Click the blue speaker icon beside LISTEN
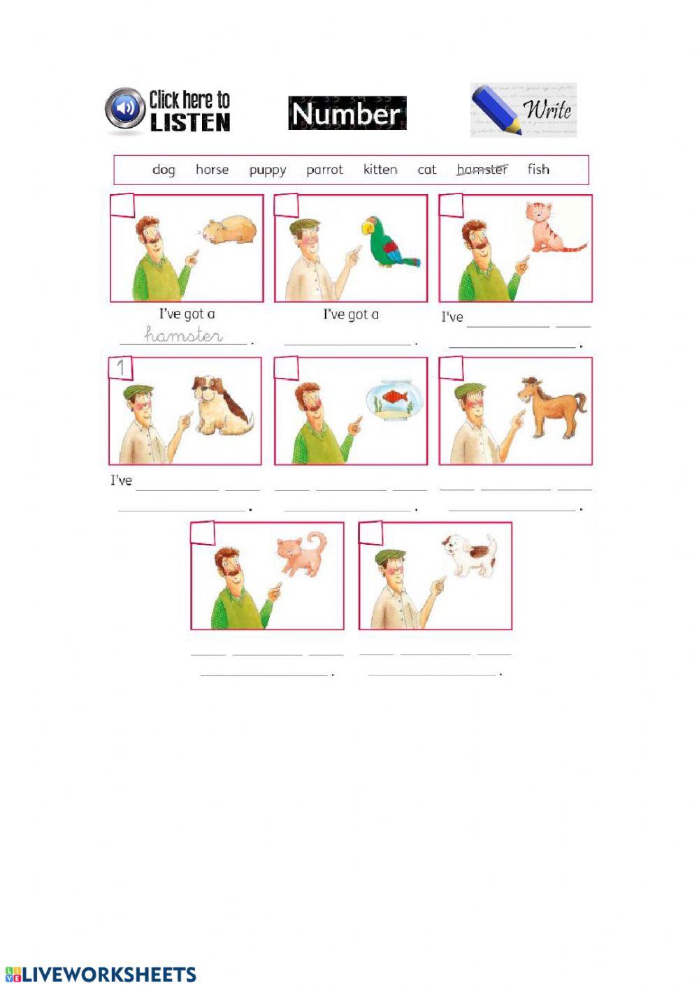(125, 109)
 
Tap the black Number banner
(347, 113)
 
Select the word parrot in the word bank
(324, 170)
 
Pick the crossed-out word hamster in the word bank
(482, 170)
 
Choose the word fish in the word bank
(538, 169)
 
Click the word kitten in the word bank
(380, 170)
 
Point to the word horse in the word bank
(212, 170)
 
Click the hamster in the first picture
(230, 231)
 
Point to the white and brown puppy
(470, 556)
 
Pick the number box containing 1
(121, 368)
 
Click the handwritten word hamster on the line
(184, 335)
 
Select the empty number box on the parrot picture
(287, 205)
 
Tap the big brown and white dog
(220, 405)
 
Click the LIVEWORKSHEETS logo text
(109, 975)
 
